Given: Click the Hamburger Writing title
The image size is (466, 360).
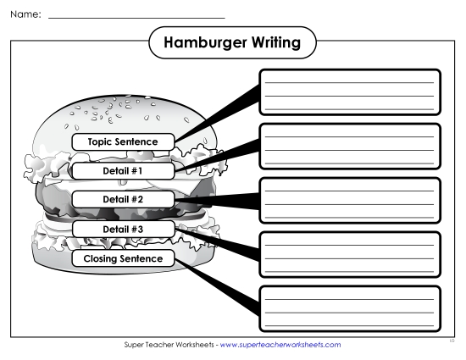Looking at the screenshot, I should [231, 42].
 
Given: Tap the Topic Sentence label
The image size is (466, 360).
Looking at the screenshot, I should [123, 141].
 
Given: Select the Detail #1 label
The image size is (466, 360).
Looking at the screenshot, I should [123, 170].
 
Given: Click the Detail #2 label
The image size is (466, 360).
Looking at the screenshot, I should [123, 199].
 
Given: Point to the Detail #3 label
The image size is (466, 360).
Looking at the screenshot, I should [123, 229].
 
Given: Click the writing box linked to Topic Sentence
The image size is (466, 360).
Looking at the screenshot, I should [349, 91].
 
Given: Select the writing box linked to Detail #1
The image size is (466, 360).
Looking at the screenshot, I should [349, 146].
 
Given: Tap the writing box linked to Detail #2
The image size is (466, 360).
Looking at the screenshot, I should [349, 200].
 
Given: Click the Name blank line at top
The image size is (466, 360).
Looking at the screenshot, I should [136, 16].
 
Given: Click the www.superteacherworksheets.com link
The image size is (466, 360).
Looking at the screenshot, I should [280, 346].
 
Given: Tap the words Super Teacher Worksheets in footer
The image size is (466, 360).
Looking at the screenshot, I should [169, 346].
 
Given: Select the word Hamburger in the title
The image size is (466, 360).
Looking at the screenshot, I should [201, 42].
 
